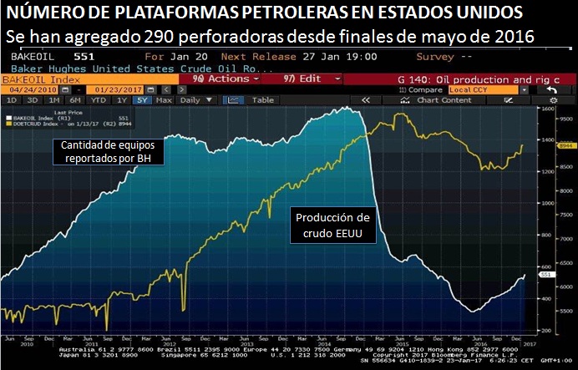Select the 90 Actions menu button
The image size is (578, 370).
tap(221, 78)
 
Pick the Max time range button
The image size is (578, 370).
tap(164, 100)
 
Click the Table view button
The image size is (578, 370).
tap(263, 100)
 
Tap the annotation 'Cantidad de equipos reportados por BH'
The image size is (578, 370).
tap(108, 151)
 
